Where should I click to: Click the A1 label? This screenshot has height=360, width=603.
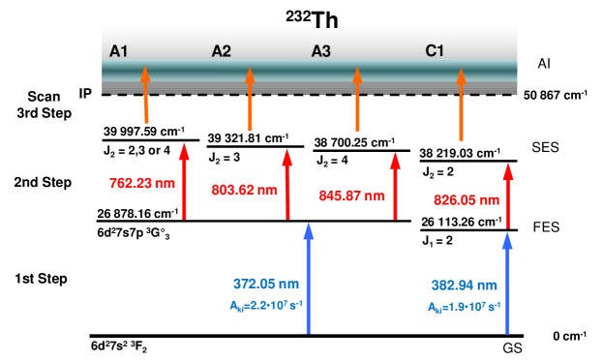click(x=118, y=50)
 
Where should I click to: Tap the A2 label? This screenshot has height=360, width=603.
click(x=222, y=50)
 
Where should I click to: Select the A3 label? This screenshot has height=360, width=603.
click(x=321, y=50)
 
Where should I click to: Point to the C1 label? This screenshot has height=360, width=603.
click(x=435, y=50)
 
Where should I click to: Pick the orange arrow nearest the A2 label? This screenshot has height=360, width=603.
click(x=250, y=98)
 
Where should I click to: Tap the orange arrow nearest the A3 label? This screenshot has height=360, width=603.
click(x=357, y=99)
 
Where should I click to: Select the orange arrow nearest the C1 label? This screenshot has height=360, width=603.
click(x=461, y=104)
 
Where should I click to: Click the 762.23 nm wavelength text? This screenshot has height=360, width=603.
click(x=142, y=183)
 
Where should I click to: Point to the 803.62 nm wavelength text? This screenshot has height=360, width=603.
click(x=244, y=190)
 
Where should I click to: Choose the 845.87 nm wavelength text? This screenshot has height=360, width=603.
click(x=351, y=195)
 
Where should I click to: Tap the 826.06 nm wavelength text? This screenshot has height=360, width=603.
click(x=466, y=200)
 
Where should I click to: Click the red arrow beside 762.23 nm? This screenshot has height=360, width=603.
click(x=184, y=181)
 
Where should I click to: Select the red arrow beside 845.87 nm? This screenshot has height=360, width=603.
click(x=395, y=186)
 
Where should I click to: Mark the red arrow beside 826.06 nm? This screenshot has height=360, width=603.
click(x=507, y=195)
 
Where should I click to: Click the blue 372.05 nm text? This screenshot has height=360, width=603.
click(x=266, y=284)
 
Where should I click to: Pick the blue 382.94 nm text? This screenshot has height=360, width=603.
click(x=464, y=285)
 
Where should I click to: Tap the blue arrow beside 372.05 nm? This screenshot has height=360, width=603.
click(x=308, y=278)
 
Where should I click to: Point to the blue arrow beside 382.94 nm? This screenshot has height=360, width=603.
click(x=506, y=283)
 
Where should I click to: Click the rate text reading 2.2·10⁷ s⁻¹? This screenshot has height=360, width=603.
click(x=266, y=305)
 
